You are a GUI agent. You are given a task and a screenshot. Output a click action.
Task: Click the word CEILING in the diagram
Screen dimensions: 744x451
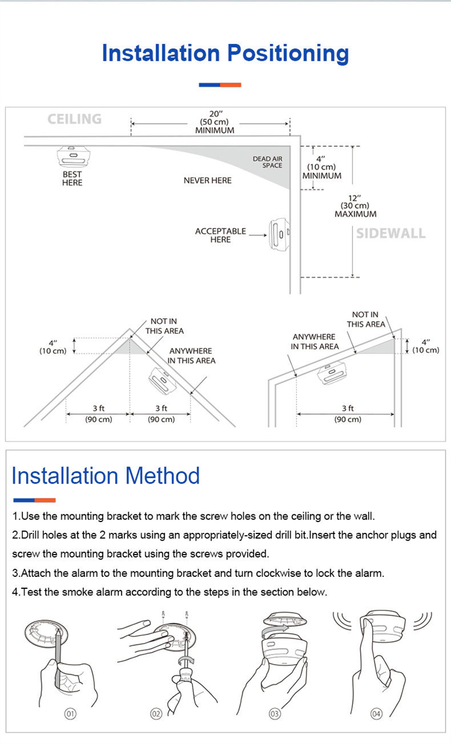[75, 118]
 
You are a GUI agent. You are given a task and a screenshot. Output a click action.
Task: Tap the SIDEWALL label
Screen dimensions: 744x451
[390, 233]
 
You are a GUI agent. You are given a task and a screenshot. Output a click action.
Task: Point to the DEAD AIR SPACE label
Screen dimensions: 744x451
[267, 162]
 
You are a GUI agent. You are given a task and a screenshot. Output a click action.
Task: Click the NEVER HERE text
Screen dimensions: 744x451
[207, 180]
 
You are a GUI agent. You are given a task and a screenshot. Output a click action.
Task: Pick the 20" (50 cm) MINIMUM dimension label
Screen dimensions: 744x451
[215, 122]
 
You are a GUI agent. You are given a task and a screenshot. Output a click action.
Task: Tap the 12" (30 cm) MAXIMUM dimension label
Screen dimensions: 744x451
[355, 206]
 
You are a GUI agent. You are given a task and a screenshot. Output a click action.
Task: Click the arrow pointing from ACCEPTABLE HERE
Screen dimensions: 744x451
[257, 235]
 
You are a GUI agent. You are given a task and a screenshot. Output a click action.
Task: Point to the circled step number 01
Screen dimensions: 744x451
[70, 714]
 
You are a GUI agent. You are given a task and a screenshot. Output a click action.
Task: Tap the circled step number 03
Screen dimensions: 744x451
[275, 714]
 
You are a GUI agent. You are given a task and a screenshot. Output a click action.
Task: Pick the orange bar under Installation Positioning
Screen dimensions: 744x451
[230, 85]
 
